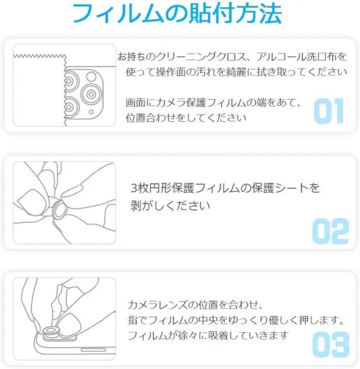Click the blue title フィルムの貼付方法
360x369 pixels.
tap(177, 14)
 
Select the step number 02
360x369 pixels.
tap(330, 231)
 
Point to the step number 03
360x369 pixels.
tap(331, 345)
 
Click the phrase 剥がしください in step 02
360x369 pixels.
tap(170, 206)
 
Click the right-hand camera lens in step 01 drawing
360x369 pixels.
tap(91, 94)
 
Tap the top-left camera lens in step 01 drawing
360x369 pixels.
tap(70, 81)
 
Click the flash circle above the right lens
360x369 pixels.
tap(91, 77)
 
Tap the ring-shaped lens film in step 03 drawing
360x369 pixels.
tap(50, 332)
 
